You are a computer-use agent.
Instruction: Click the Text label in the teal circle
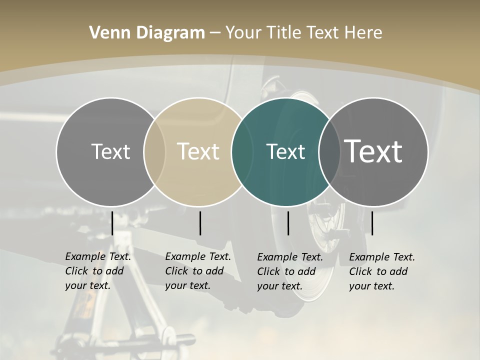click(285, 151)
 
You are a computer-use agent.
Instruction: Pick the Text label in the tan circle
click(198, 151)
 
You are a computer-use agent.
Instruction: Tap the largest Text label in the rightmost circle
click(373, 151)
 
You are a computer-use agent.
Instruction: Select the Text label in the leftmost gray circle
click(110, 151)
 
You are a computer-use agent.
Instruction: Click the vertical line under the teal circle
click(288, 223)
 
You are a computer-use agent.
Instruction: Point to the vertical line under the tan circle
click(200, 223)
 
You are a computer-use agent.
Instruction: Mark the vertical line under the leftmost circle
click(112, 223)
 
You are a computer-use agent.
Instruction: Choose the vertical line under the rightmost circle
click(372, 223)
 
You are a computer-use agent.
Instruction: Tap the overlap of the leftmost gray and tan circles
click(154, 151)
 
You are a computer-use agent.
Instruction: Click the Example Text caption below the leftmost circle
click(98, 271)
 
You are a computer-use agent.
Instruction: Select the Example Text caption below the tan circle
click(198, 271)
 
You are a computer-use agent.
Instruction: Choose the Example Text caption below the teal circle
click(290, 271)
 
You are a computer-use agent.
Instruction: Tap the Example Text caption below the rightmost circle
click(382, 271)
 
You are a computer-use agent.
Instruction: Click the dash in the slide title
click(215, 33)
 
